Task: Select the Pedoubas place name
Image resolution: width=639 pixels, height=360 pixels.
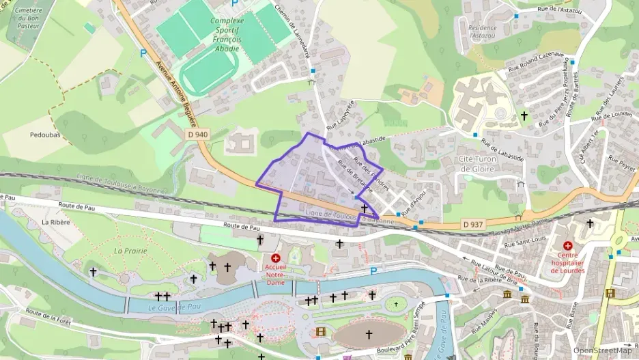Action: click(46, 135)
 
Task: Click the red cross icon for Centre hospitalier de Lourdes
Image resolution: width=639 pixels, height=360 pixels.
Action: click(567, 245)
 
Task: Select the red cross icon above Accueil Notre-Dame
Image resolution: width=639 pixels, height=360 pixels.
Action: click(276, 258)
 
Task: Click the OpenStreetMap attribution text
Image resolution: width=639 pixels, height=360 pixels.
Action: click(602, 350)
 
